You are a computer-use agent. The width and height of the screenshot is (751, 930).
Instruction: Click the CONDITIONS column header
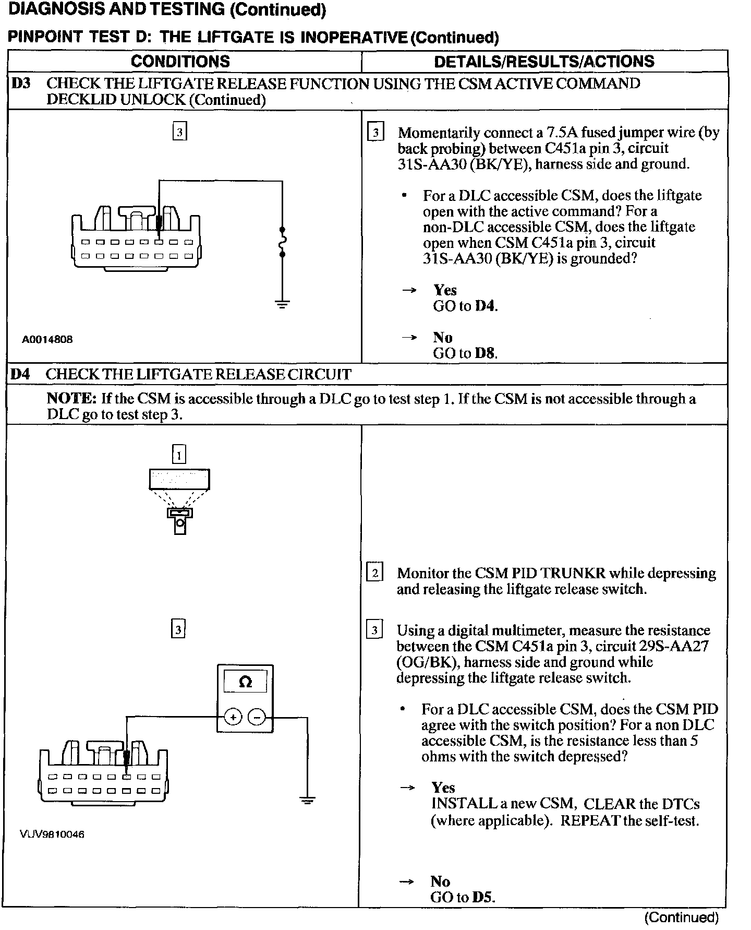(x=180, y=62)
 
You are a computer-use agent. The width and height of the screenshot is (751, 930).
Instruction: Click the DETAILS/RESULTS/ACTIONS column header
(x=544, y=62)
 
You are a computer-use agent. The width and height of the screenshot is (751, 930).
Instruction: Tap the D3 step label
(x=21, y=84)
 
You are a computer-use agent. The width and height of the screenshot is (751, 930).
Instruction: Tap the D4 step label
(x=21, y=374)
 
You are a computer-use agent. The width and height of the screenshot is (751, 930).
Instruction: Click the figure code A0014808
(x=47, y=339)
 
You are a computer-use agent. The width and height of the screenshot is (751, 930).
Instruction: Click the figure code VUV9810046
(x=52, y=834)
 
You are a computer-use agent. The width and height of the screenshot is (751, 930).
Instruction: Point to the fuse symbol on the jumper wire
(x=282, y=242)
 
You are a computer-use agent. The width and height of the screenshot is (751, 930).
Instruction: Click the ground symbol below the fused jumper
(x=282, y=304)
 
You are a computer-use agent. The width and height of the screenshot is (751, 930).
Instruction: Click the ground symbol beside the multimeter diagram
(x=307, y=800)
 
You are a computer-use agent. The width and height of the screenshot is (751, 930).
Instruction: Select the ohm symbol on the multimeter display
(x=245, y=682)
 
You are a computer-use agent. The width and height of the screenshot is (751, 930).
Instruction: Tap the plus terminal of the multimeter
(x=233, y=717)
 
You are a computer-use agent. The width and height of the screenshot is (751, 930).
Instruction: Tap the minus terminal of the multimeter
(x=256, y=717)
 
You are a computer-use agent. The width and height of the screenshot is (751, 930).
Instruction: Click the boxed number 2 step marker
(x=374, y=573)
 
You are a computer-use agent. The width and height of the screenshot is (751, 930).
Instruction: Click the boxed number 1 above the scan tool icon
(x=179, y=455)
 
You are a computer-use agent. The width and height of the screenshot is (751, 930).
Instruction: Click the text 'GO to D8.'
(x=465, y=353)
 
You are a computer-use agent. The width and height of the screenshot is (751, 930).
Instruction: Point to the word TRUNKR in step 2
(x=573, y=574)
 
